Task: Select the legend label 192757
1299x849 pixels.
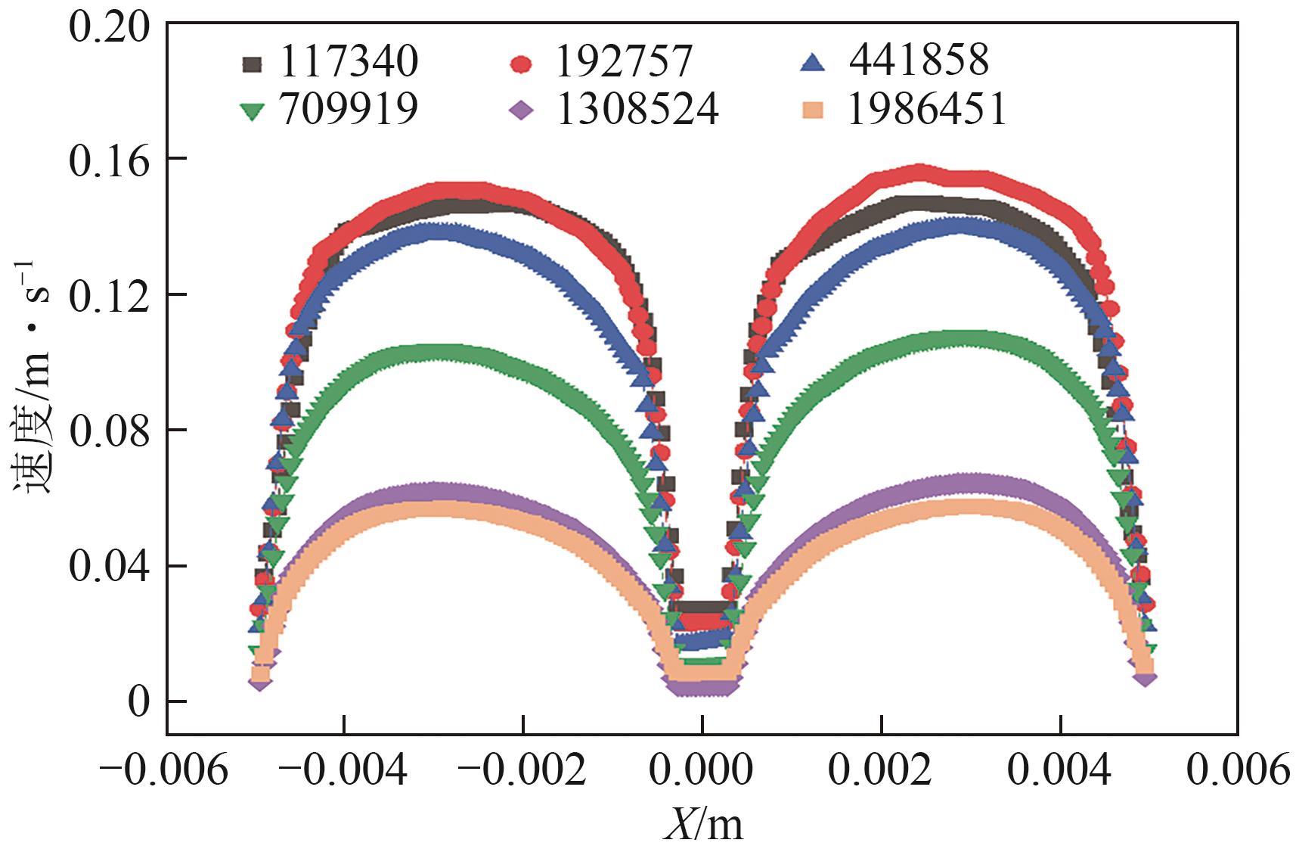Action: (624, 62)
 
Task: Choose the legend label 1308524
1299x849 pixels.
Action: (637, 110)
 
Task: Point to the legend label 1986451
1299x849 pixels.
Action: (928, 110)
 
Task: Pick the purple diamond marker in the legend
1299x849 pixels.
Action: (522, 112)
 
